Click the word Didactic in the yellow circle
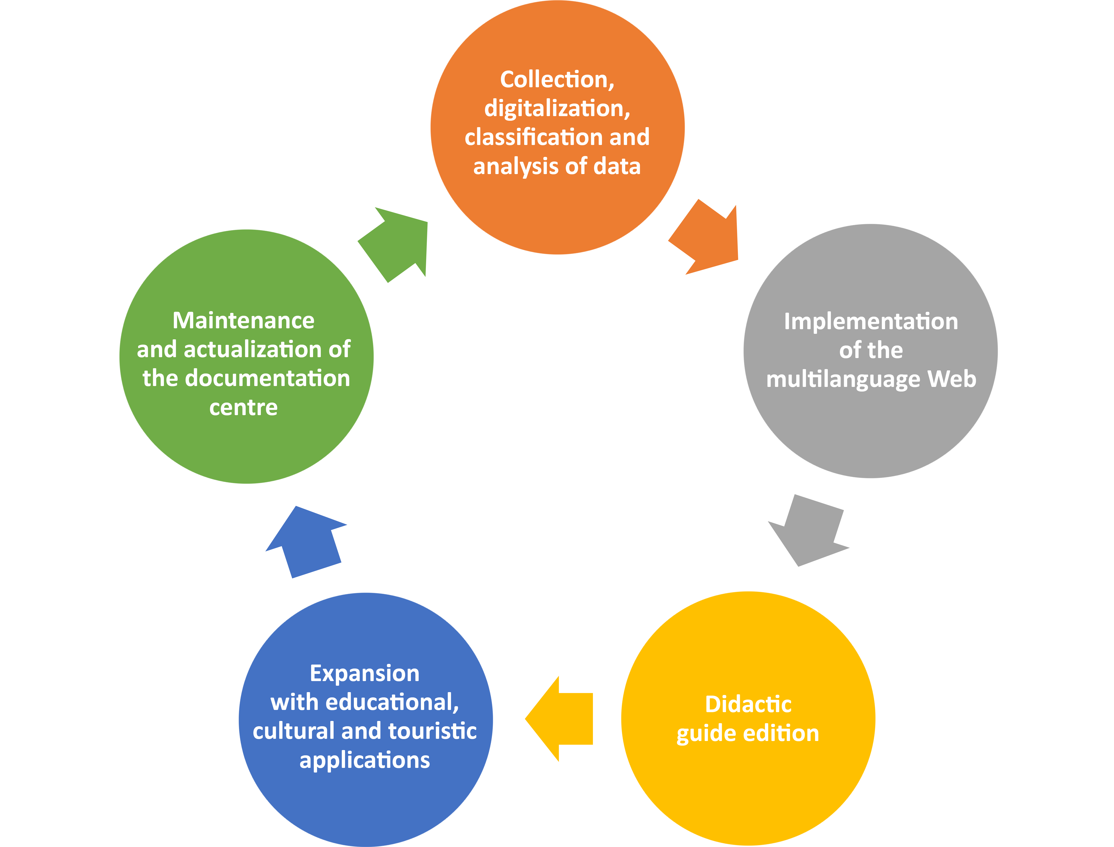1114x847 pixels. tap(748, 704)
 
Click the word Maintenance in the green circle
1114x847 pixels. tap(243, 321)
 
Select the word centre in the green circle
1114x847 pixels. tap(243, 407)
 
